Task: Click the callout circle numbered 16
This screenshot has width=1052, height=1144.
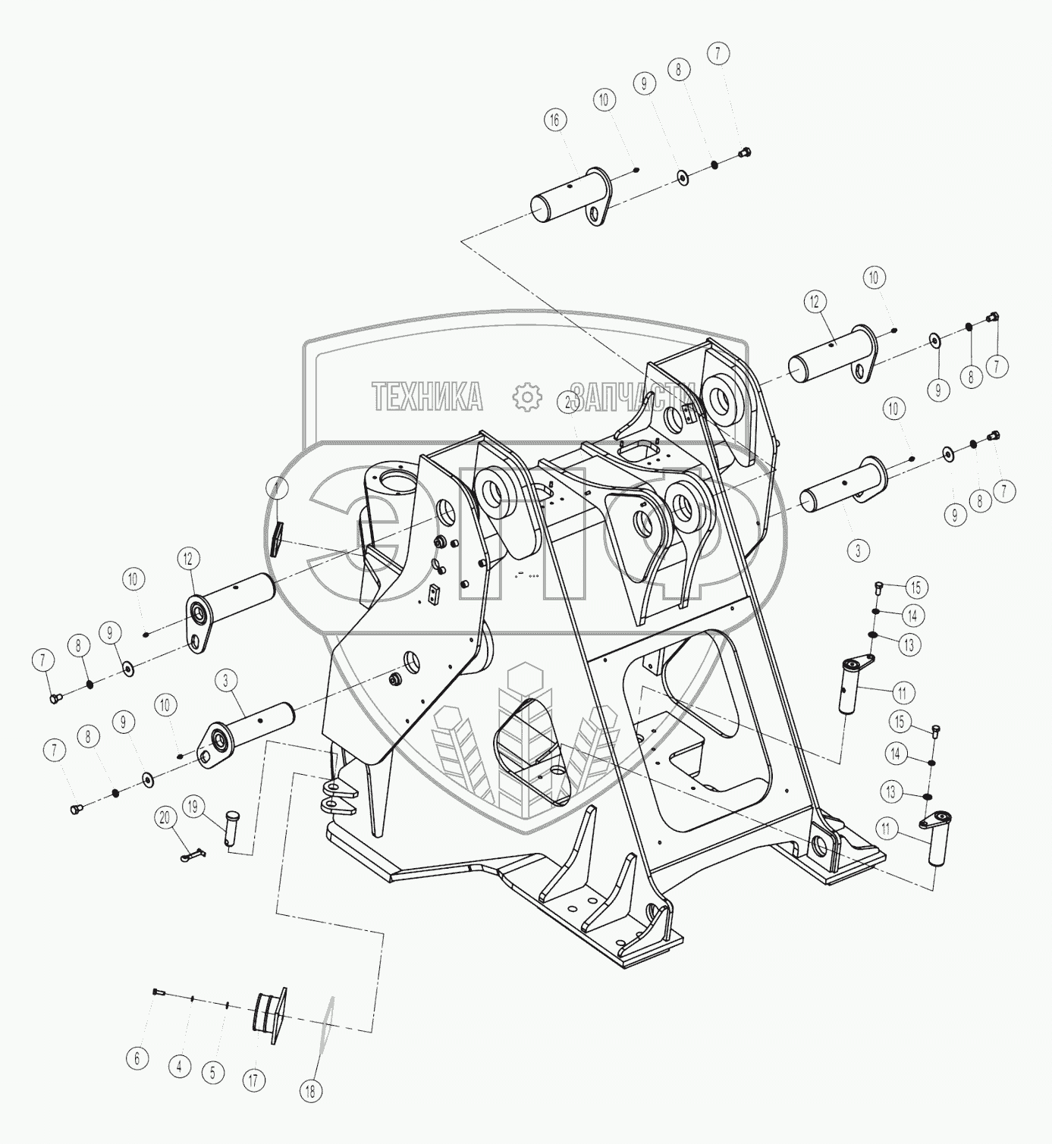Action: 554,120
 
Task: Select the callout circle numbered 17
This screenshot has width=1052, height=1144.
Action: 254,1079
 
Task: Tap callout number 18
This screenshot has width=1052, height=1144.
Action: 309,1091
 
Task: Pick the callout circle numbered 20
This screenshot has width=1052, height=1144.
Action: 166,817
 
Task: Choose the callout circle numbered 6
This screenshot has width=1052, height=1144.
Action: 137,1058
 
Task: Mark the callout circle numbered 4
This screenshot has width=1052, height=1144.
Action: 179,1067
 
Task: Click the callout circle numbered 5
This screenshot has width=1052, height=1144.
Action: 212,1072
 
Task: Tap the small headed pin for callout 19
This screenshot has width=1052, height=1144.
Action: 233,828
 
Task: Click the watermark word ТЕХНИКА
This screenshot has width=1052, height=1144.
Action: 427,396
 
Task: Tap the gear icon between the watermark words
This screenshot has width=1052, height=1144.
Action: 528,396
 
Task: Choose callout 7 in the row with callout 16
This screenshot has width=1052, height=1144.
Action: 718,54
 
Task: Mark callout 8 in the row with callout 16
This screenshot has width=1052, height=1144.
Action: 678,69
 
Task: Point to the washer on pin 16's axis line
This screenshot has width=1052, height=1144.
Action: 683,178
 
